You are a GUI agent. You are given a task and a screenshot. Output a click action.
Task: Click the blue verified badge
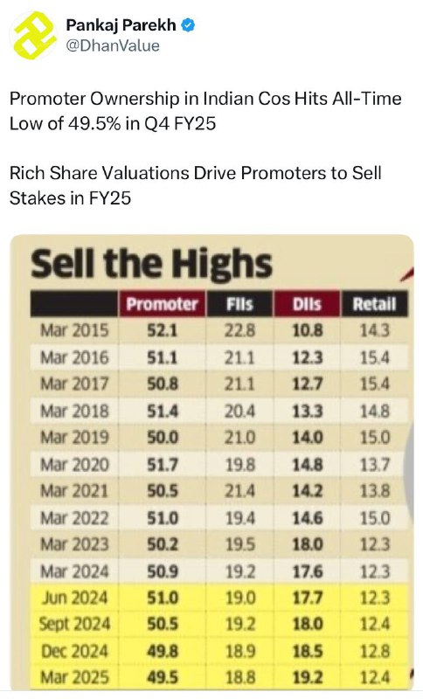click(188, 25)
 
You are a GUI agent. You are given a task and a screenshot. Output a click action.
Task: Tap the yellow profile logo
click(34, 35)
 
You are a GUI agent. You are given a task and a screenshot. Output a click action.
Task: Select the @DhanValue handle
click(113, 45)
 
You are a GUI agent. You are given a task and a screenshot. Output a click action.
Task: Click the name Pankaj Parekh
click(121, 25)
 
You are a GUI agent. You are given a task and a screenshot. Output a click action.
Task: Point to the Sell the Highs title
click(151, 264)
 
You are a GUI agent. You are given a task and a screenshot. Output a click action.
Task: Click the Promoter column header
click(162, 304)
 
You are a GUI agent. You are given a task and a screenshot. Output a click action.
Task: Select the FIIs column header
click(239, 304)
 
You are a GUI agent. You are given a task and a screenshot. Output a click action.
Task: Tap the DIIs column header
click(307, 304)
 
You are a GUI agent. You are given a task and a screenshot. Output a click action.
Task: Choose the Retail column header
click(374, 304)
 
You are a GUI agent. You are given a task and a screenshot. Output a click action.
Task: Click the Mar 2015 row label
click(74, 330)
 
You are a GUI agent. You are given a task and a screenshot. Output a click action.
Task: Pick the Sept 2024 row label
click(74, 624)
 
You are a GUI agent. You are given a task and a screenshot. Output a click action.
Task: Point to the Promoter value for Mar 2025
click(163, 678)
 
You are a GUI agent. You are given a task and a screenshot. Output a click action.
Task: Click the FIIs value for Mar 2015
click(239, 330)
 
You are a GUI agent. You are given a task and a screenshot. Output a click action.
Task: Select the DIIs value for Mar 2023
click(307, 544)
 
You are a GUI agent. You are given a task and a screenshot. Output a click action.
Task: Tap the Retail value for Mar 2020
click(375, 465)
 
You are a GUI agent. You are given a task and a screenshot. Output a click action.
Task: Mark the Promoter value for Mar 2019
click(163, 438)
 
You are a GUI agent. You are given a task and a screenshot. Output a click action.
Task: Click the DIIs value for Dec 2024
click(307, 651)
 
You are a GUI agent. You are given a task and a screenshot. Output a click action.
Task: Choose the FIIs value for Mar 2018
click(239, 411)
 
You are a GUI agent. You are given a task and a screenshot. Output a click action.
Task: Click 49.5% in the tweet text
click(94, 123)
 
